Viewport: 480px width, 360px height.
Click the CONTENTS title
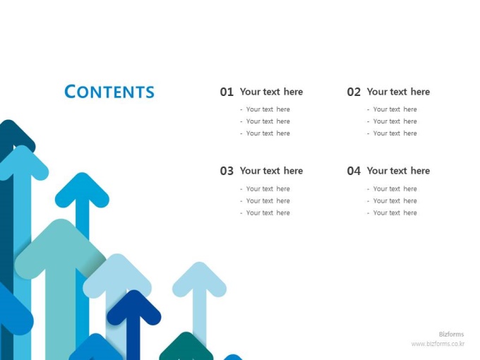[109, 92]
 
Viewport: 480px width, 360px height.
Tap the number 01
[227, 92]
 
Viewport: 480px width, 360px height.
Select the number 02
[354, 92]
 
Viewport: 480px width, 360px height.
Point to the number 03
[227, 171]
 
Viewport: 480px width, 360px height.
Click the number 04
[354, 171]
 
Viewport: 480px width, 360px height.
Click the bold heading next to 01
[271, 92]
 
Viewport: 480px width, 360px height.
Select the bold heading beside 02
[398, 92]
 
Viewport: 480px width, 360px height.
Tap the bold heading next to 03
[271, 171]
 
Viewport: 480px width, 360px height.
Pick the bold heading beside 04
[398, 171]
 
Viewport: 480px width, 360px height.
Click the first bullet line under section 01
[265, 109]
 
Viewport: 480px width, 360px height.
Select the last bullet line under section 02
[392, 133]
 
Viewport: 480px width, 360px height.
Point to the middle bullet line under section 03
[265, 200]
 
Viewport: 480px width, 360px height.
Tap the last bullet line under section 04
[392, 212]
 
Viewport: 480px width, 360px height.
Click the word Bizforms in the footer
[451, 335]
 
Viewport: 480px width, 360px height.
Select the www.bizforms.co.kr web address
[438, 344]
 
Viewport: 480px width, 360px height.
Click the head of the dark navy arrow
[134, 308]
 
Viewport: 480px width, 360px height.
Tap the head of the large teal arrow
[61, 248]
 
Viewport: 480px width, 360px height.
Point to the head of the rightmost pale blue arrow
[199, 280]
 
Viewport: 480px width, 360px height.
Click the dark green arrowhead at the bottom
[186, 346]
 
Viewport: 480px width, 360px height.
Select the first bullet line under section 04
[392, 189]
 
